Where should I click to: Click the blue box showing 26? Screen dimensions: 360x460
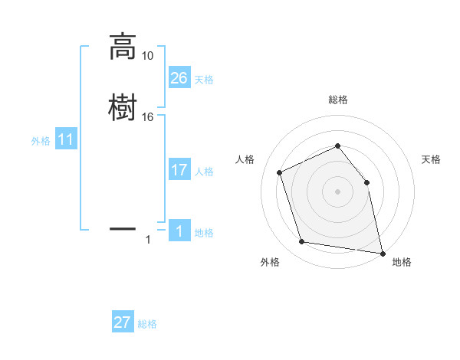point(179,77)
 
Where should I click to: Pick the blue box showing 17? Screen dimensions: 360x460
point(179,170)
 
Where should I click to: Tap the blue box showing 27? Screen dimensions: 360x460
point(123,322)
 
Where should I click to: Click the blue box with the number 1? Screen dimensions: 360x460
point(179,231)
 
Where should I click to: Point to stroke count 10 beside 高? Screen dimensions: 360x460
point(147,56)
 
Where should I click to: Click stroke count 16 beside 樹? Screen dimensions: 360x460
point(147,116)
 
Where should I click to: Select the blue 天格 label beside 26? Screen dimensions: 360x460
point(204,80)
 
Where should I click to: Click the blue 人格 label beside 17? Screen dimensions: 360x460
point(204,172)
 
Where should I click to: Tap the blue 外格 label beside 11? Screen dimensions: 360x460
point(41,141)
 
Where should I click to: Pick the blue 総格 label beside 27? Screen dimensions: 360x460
point(147,324)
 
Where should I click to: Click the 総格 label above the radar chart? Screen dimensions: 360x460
point(337,100)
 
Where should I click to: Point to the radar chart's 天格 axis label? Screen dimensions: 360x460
point(432,159)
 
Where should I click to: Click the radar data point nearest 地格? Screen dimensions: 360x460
point(381,253)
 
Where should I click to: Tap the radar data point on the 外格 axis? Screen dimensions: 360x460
point(302,243)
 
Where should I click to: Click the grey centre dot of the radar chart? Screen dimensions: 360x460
point(337,191)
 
